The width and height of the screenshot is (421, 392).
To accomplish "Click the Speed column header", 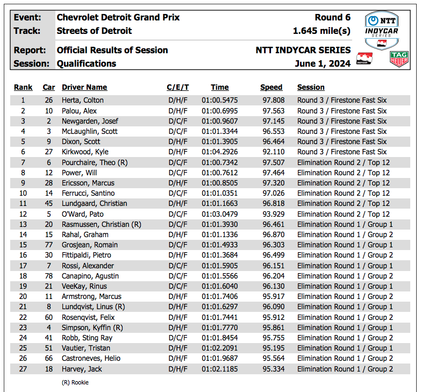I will coord(271,87).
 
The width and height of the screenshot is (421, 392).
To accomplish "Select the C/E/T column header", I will coord(177,87).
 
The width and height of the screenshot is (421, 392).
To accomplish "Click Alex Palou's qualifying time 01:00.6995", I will coord(219,111).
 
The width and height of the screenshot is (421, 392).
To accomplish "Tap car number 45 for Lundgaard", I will coord(49,203).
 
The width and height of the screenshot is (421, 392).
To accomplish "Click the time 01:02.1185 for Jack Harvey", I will coord(219,369).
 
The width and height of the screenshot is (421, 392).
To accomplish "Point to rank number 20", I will coord(23,296).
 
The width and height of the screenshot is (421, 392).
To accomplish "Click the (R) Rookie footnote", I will coord(75,382).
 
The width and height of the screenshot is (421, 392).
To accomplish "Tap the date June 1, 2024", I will coord(323,63).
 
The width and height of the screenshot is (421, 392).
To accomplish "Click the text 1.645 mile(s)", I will coord(322,31).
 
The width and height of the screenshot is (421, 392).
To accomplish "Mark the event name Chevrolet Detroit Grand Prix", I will coord(118,17).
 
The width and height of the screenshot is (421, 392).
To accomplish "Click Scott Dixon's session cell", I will coord(342,141).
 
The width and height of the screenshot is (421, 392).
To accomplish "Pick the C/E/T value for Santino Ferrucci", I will coord(177,193).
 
